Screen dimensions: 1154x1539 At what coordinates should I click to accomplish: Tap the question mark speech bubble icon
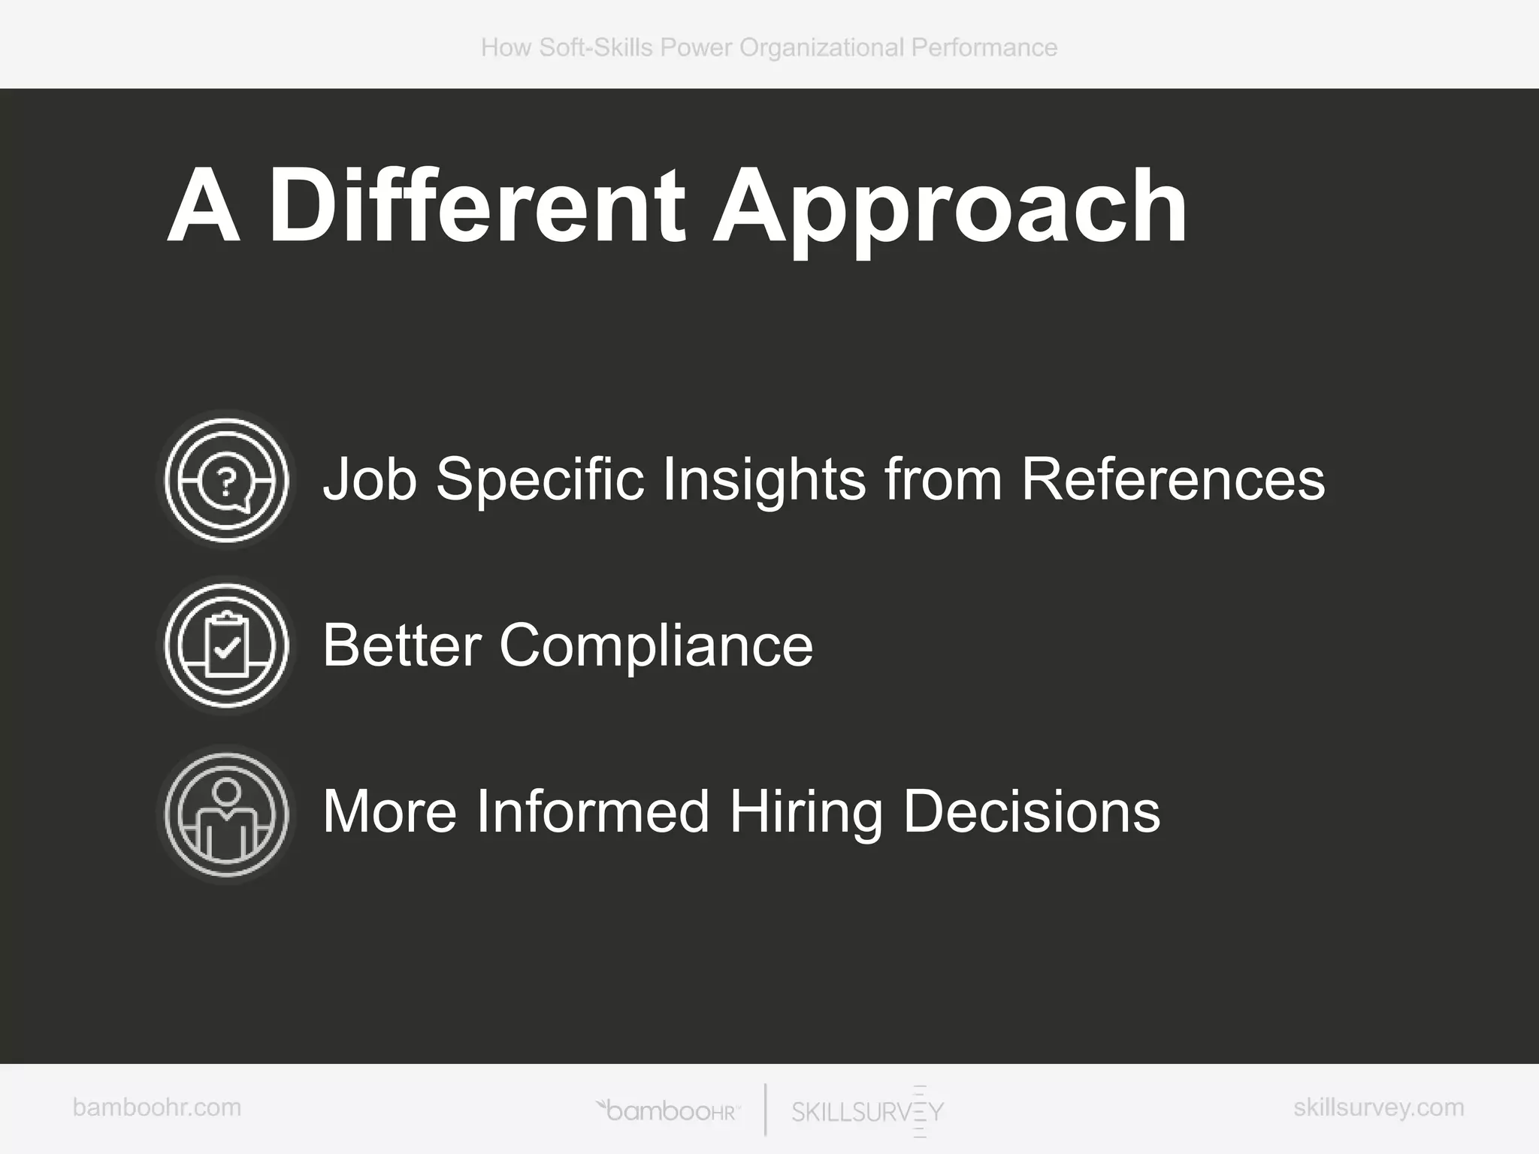coord(227,480)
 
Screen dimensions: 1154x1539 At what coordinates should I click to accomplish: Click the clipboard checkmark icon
coord(227,645)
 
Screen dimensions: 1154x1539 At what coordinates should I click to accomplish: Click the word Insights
coord(763,481)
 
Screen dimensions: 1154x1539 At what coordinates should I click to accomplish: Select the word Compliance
coord(656,646)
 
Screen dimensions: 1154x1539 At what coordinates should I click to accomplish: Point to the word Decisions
coord(1032,812)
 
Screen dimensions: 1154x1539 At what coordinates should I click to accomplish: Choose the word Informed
coord(593,812)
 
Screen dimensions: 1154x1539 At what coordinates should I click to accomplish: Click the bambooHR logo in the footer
coord(667,1111)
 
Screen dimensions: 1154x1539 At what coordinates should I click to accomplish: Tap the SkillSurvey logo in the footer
coord(868,1111)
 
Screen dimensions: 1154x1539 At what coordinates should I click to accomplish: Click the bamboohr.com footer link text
coord(157,1107)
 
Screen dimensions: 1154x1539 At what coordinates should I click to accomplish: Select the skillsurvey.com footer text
coord(1378,1107)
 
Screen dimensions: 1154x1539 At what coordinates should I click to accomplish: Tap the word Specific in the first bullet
coord(540,481)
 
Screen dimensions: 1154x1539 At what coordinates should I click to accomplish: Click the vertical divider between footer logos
coord(766,1110)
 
